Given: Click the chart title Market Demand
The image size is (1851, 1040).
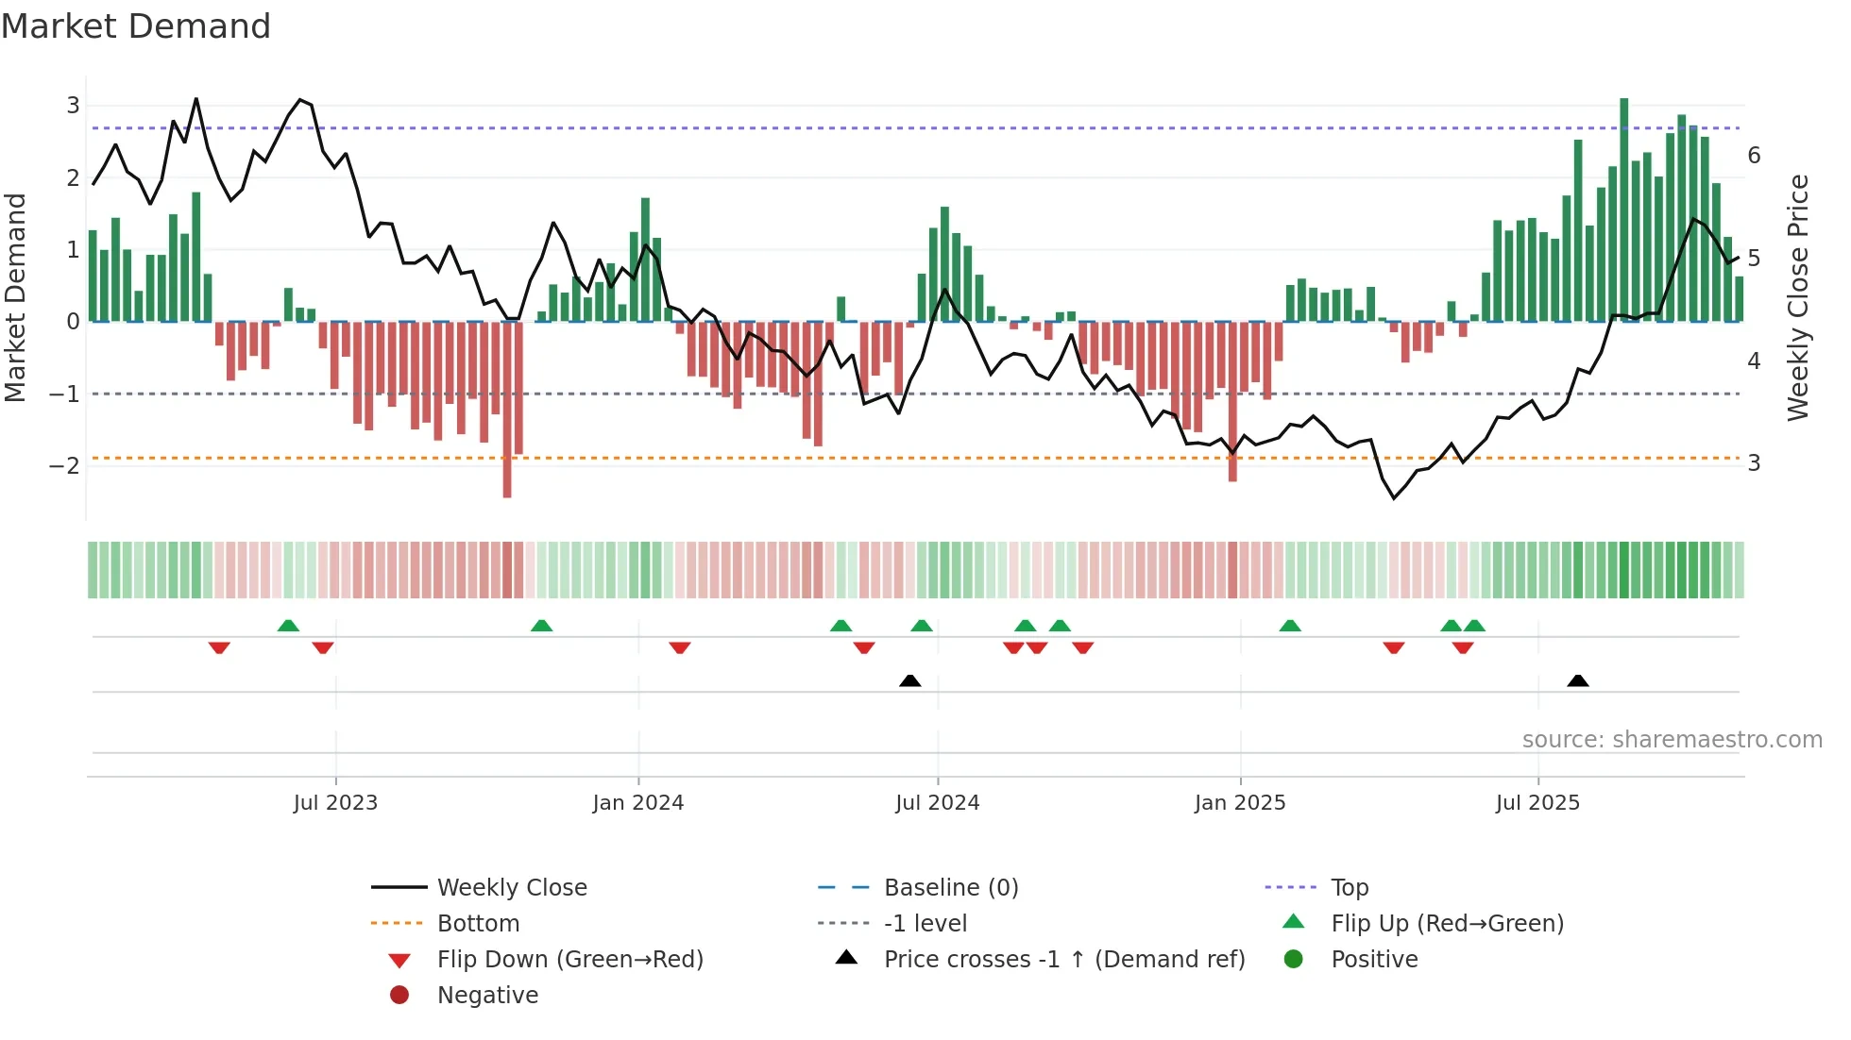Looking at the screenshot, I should [136, 26].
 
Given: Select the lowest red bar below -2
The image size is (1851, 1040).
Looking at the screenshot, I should [507, 411].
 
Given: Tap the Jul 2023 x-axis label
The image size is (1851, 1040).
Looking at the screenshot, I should [335, 803].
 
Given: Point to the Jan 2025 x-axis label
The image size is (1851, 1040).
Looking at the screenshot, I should [1240, 803].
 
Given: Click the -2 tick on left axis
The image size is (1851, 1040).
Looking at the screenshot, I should [64, 465].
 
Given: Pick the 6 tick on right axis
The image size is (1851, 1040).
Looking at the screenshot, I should [1754, 156].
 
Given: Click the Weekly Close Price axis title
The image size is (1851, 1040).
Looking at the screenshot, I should [1798, 297].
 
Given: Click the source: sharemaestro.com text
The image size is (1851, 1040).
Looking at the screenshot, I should [1672, 740].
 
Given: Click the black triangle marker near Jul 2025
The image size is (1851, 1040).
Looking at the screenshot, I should [1577, 681].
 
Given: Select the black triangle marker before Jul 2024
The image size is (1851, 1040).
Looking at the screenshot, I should [909, 681].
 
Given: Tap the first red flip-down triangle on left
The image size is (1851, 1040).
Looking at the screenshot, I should [219, 647].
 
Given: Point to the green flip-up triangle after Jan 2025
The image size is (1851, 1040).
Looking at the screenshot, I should [1290, 626].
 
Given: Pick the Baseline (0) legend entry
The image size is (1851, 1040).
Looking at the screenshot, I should [950, 888].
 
